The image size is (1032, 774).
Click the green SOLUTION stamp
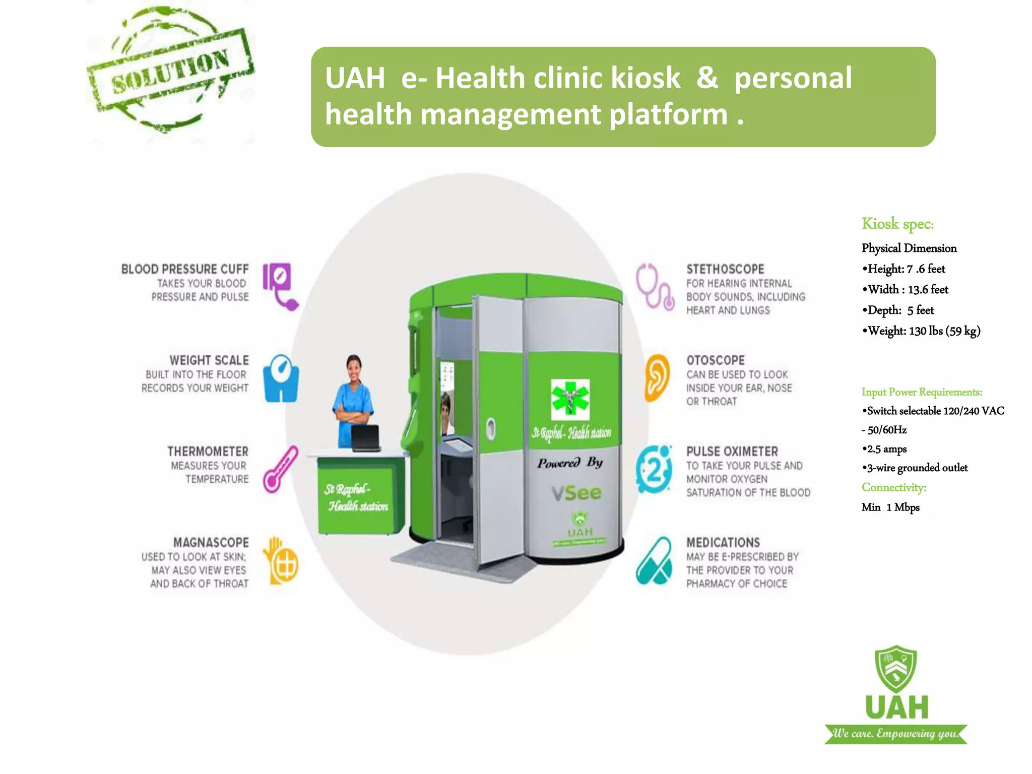[170, 71]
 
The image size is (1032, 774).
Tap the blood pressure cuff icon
[280, 285]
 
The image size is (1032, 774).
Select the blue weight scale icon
[281, 378]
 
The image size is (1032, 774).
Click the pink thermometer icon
[280, 469]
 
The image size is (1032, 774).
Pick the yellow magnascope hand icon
[280, 561]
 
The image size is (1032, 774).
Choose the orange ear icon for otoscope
[657, 377]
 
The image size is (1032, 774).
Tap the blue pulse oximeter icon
[654, 469]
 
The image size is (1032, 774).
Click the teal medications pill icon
[654, 561]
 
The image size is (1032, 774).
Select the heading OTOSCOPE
[715, 360]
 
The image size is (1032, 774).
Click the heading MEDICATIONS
[723, 543]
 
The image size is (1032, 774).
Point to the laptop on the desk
[365, 438]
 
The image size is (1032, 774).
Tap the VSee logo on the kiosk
[576, 493]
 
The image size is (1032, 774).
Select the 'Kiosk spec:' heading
[897, 224]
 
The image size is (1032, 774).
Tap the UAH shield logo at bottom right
[896, 670]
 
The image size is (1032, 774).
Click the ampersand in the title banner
[707, 78]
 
